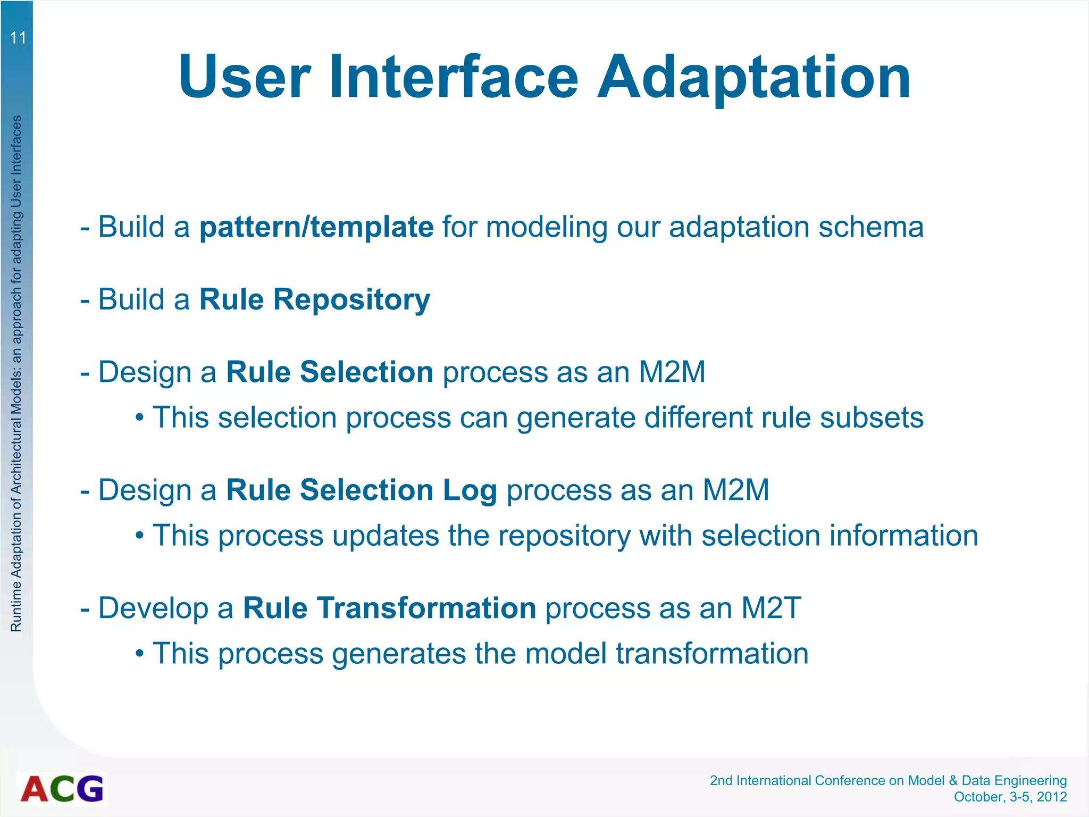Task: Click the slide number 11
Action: tap(18, 38)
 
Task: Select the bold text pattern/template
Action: tap(316, 227)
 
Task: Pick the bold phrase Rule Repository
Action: tap(315, 299)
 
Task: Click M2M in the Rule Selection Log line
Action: tap(735, 490)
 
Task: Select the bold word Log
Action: tap(470, 491)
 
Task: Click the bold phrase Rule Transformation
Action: tap(389, 608)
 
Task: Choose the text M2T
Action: tap(770, 608)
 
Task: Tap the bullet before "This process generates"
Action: tap(139, 654)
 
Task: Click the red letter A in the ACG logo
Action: tap(35, 789)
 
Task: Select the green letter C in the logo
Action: tap(63, 789)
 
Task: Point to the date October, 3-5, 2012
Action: tap(1010, 797)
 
